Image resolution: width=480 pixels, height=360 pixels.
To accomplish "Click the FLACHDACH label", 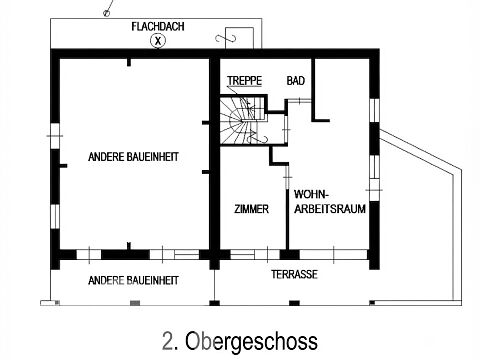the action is click(158, 26).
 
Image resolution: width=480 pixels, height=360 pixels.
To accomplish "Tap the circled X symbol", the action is click(158, 41).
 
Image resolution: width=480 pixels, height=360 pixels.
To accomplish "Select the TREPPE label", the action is click(244, 81).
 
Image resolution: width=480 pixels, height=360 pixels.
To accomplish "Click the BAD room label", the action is click(295, 81).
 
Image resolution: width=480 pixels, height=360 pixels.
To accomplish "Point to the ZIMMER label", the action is click(251, 209).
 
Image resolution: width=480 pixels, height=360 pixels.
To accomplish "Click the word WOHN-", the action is click(311, 194).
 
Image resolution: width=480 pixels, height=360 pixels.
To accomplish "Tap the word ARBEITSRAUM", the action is click(330, 209).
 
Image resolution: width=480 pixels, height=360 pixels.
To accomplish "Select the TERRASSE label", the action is click(294, 274).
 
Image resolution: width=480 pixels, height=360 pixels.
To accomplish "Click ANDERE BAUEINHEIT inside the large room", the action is click(133, 157).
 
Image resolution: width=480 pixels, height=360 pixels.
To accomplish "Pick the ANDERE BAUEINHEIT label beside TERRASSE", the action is click(133, 280).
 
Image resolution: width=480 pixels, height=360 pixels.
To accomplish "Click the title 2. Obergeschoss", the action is click(240, 341).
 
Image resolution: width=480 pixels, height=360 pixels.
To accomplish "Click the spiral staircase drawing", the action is click(243, 120).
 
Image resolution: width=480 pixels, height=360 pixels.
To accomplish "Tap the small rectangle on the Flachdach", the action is click(239, 38).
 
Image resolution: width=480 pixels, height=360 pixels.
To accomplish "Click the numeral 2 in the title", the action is click(168, 341).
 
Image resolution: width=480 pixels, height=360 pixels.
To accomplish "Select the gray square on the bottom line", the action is click(135, 303).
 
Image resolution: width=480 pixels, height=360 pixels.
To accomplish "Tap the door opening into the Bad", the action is click(299, 100).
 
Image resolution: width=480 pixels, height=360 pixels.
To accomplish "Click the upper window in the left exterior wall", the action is click(55, 136).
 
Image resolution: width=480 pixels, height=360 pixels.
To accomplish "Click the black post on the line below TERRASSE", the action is click(294, 303).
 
